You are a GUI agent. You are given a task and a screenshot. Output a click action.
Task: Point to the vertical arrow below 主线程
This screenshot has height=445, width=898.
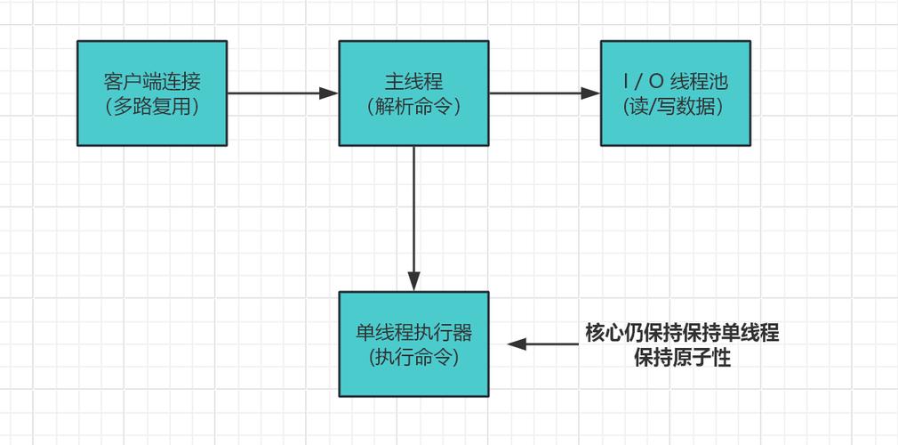click(x=413, y=214)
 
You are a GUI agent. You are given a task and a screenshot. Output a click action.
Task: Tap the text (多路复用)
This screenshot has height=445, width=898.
click(x=152, y=106)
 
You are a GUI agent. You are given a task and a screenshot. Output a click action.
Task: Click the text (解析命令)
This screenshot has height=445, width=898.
click(x=413, y=106)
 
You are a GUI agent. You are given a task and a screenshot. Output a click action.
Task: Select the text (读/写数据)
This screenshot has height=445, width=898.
click(x=675, y=106)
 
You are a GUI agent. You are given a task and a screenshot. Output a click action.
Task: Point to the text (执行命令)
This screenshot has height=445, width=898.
click(x=413, y=357)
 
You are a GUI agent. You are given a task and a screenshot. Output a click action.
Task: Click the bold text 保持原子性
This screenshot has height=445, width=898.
click(x=682, y=359)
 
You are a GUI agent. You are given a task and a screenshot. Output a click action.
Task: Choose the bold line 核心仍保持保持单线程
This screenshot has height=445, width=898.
click(x=682, y=334)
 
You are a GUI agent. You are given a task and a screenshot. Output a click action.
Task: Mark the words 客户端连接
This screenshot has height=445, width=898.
click(x=152, y=82)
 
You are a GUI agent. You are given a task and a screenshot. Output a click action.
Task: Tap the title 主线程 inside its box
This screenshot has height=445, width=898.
click(x=413, y=82)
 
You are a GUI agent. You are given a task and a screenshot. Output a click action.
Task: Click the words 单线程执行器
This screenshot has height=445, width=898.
click(x=413, y=333)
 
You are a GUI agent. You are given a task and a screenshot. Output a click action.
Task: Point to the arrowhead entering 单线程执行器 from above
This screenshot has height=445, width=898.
click(x=413, y=282)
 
